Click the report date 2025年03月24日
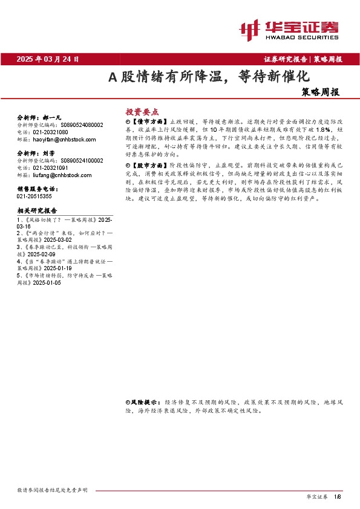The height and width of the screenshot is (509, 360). pos(48,59)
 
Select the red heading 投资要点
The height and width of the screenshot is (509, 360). pos(142,112)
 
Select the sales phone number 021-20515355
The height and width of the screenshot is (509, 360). pos(34,196)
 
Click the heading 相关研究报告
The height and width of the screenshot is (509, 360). pos(38,210)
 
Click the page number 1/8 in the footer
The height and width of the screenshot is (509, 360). pos(338,496)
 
